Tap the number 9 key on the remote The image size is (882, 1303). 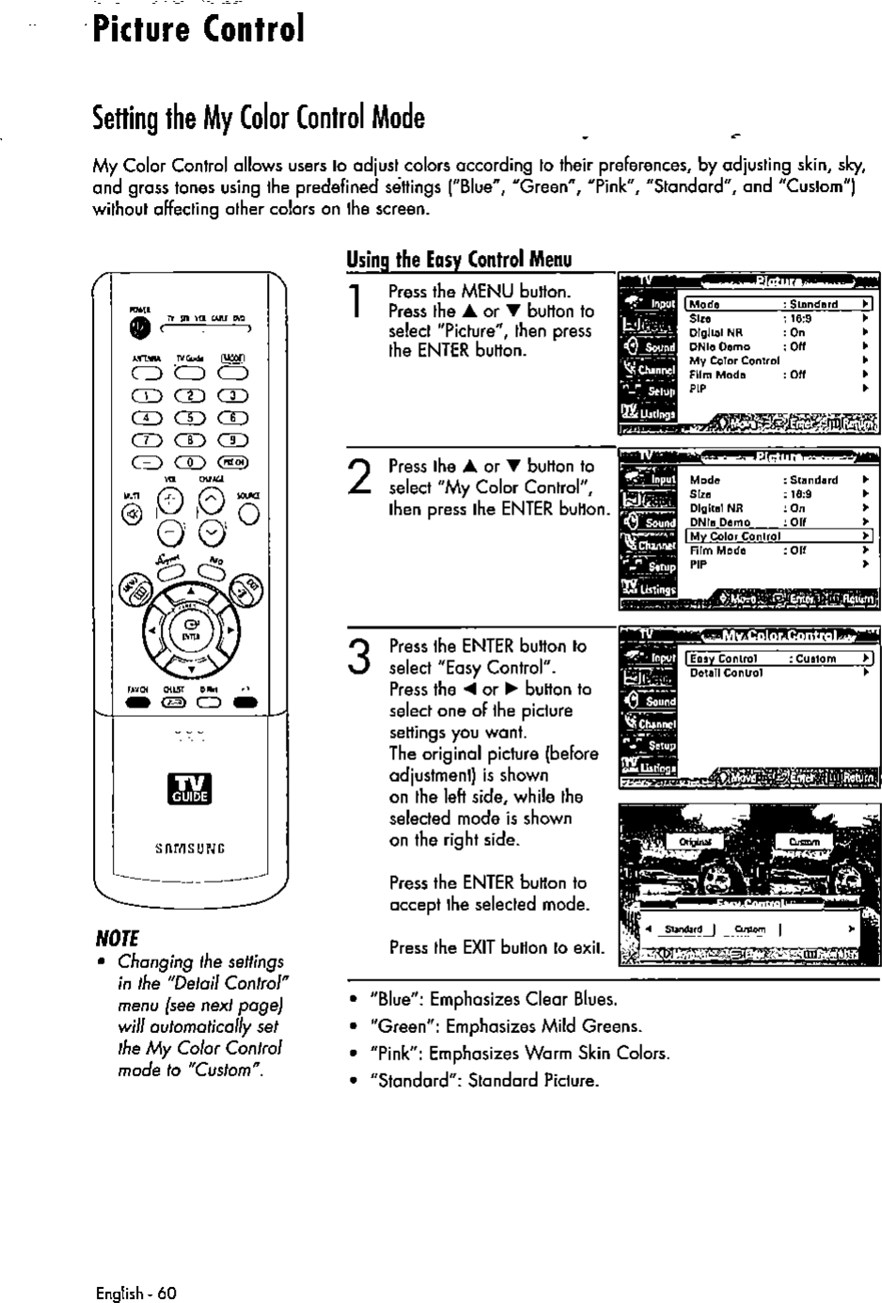231,439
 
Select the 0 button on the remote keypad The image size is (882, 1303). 191,462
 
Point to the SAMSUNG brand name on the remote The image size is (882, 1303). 189,847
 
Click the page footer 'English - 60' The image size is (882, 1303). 135,1293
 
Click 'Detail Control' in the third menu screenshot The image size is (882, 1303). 725,674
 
